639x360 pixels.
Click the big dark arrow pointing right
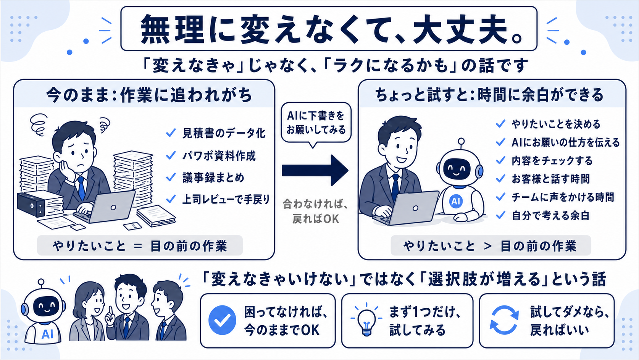pos(315,170)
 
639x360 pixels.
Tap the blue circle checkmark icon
pos(222,320)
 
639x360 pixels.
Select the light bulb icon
pos(366,320)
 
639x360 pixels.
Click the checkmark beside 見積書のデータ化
pos(171,133)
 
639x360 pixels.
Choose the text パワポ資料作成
pos(219,156)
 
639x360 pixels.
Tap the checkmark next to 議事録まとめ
pos(171,178)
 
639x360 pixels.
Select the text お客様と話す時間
pos(550,179)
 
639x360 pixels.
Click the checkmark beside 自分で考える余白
pos(500,215)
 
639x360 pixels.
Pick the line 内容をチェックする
pos(552,161)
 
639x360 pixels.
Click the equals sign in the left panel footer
pos(138,246)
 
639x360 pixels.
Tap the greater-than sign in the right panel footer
pos(487,246)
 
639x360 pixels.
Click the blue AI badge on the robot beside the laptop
pos(455,201)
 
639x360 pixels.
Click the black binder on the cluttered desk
pos(31,204)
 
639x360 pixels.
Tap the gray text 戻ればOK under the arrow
pos(316,219)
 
